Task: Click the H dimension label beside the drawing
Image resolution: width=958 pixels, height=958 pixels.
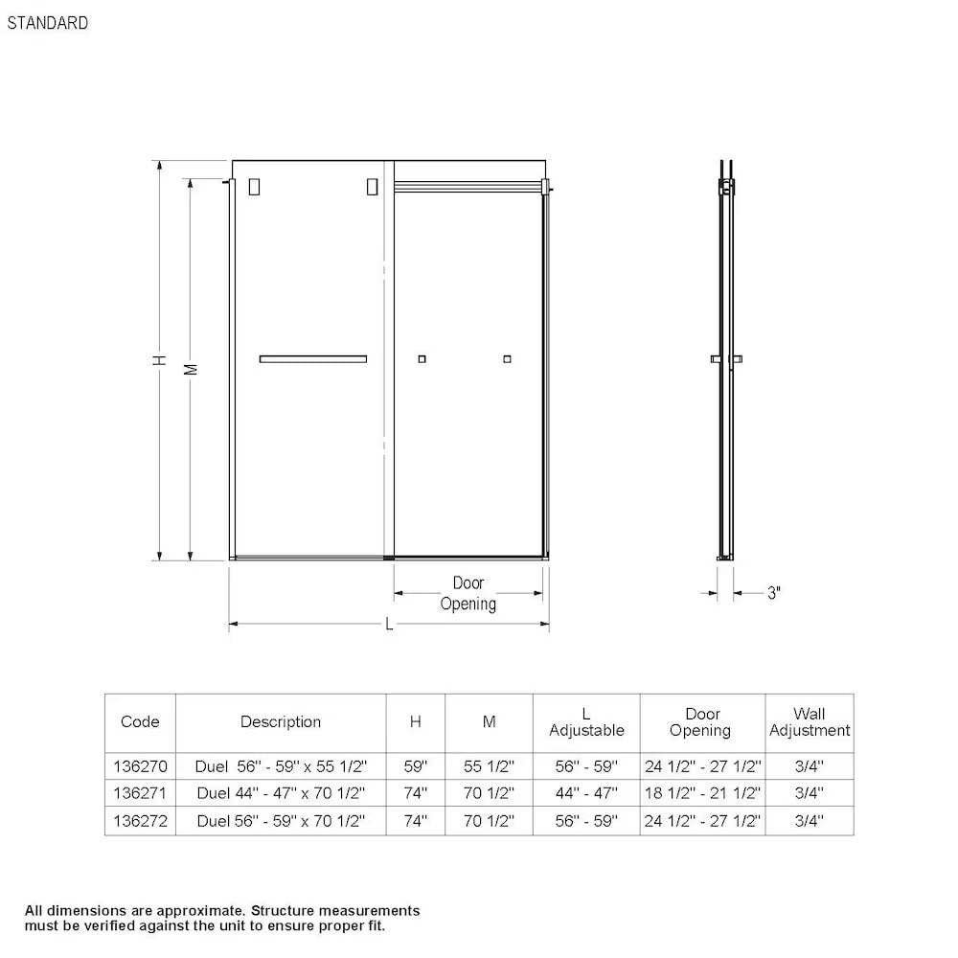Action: (x=162, y=360)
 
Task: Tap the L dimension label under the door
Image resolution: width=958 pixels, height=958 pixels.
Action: (x=388, y=625)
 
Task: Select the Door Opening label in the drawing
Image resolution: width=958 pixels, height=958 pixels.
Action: (x=468, y=593)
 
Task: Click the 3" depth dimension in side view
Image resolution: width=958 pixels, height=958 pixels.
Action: (x=774, y=593)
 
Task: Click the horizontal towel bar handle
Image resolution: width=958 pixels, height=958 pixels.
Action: (x=312, y=359)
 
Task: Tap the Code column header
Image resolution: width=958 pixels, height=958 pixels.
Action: (x=140, y=721)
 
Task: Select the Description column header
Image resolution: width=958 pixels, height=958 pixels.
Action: (x=281, y=721)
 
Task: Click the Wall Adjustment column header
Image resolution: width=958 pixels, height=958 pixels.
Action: (x=810, y=721)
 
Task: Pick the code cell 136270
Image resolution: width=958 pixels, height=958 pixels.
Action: (x=140, y=766)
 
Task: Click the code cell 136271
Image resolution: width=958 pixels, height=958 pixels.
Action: (x=140, y=793)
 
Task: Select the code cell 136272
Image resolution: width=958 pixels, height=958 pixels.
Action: (x=140, y=821)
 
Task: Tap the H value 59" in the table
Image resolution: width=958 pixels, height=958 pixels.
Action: (x=416, y=766)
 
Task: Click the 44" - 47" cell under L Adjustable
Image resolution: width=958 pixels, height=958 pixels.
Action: (x=586, y=793)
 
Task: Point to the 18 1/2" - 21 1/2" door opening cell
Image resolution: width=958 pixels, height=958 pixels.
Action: (x=702, y=793)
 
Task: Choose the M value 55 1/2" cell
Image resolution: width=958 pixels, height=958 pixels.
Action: (x=489, y=766)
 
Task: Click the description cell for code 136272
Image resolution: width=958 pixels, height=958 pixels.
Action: (x=281, y=821)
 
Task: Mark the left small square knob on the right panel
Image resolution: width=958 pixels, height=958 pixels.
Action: (x=422, y=359)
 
